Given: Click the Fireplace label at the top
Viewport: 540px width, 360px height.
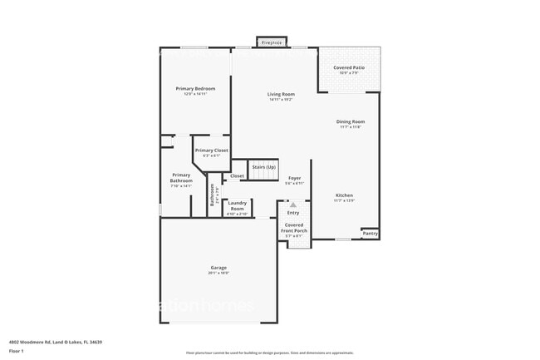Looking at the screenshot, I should [x=272, y=42].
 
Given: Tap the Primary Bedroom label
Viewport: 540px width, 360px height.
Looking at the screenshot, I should [x=195, y=88].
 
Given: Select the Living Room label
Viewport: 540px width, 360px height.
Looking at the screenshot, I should [x=281, y=94].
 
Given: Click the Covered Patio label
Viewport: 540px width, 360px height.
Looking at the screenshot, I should [x=349, y=67].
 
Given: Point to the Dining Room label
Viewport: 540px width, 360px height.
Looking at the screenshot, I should [x=350, y=121].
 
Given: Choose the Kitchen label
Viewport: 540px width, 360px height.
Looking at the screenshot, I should [x=344, y=195].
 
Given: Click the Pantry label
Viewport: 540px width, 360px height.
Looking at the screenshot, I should [x=370, y=234].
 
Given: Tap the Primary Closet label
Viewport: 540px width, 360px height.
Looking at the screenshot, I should [x=212, y=150].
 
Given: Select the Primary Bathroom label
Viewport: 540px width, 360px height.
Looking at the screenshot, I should [x=181, y=178].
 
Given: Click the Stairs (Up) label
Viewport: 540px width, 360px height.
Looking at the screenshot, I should [x=264, y=167].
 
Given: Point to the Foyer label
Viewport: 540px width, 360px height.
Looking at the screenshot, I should [x=294, y=178].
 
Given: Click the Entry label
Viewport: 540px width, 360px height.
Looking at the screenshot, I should [x=293, y=213].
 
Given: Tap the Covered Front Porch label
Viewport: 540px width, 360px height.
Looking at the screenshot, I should [x=294, y=227].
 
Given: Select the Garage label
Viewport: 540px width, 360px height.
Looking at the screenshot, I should [x=218, y=268].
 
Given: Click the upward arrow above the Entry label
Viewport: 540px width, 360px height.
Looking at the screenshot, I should [x=292, y=205].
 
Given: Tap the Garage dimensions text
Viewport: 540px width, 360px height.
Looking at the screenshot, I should [x=218, y=273].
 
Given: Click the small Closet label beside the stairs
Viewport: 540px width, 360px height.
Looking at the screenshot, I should [x=237, y=176].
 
